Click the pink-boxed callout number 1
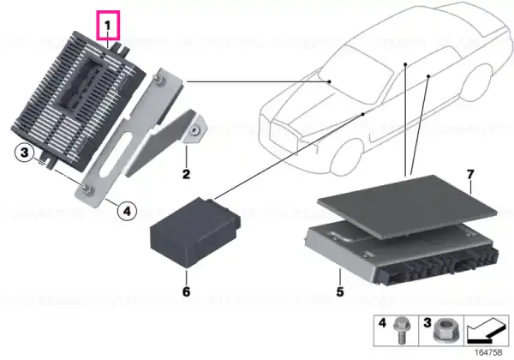pyautogui.click(x=108, y=25)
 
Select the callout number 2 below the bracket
pyautogui.click(x=186, y=174)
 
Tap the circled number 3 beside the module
pyautogui.click(x=25, y=153)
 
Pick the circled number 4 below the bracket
pyautogui.click(x=127, y=211)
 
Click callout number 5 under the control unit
pyautogui.click(x=340, y=291)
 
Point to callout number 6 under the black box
pyautogui.click(x=186, y=291)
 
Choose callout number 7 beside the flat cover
pyautogui.click(x=470, y=174)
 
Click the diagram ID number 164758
pyautogui.click(x=488, y=352)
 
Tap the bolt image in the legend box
pyautogui.click(x=401, y=331)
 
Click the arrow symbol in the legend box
pyautogui.click(x=487, y=331)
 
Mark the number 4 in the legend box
pyautogui.click(x=382, y=322)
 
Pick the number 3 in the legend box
pyautogui.click(x=427, y=322)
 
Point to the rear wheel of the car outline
pyautogui.click(x=476, y=82)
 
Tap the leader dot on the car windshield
pyautogui.click(x=330, y=81)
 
